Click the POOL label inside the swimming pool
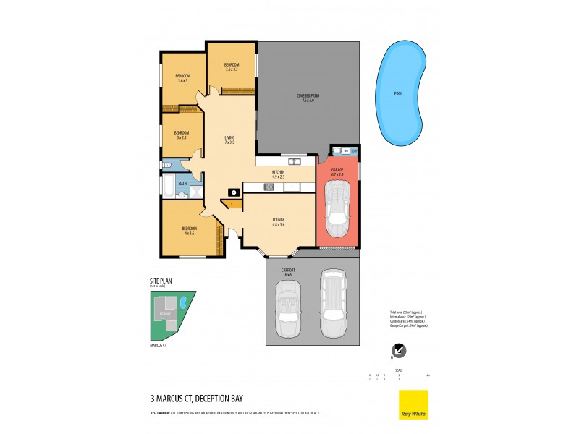tap(398, 93)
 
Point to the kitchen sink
tap(295, 161)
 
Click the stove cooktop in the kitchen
tap(269, 187)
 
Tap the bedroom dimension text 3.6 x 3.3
tap(232, 69)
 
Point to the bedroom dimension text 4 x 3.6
tap(190, 233)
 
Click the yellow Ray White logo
tap(413, 404)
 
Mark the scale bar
tap(399, 375)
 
